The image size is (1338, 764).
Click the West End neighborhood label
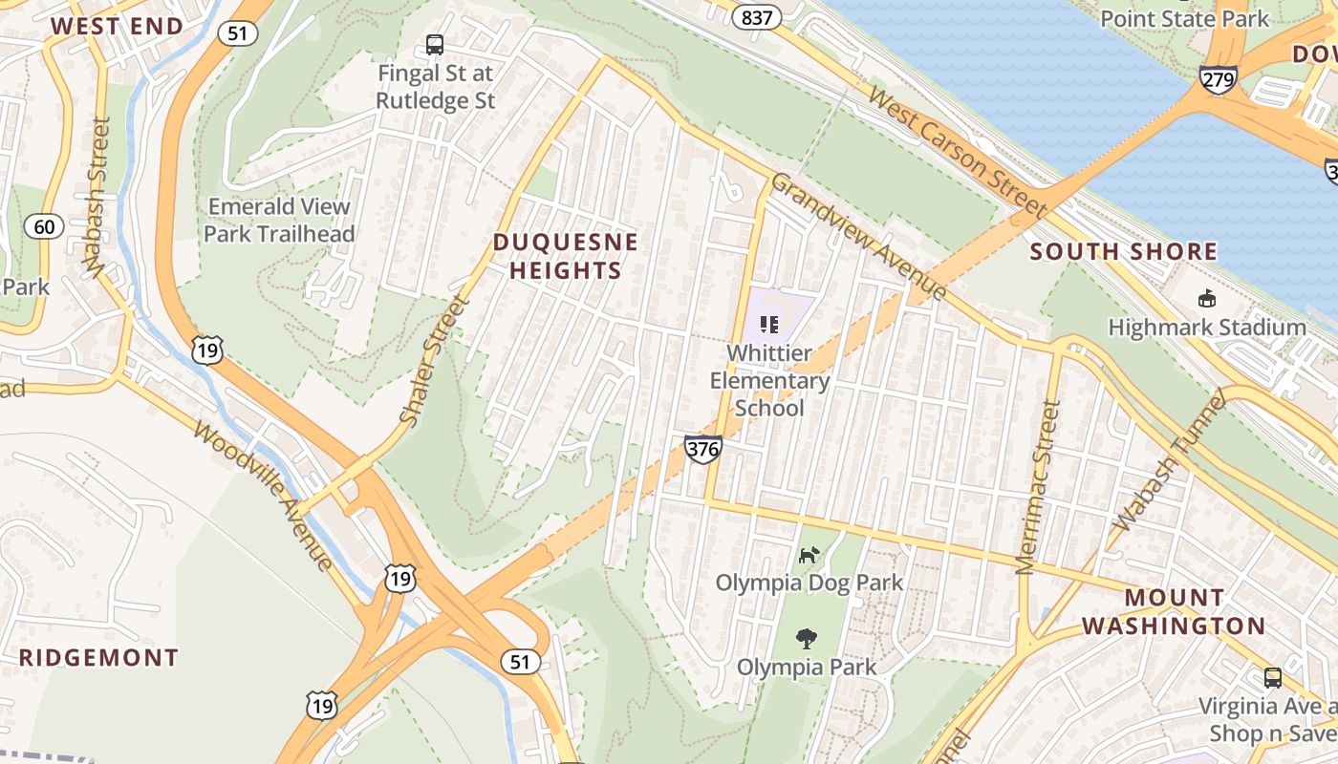coord(117,26)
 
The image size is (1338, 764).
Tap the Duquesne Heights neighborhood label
coord(565,257)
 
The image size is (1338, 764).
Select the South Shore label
coord(1124,252)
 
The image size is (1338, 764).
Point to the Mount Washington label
coord(1189,612)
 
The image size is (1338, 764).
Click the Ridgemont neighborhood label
coord(98,658)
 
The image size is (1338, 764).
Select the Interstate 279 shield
coord(1219,79)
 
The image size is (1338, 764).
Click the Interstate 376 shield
coord(702,448)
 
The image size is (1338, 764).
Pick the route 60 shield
coord(44,226)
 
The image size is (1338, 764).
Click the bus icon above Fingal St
coord(435,44)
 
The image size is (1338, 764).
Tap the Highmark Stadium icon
coord(1207,299)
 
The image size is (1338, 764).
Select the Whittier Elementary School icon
coord(769,325)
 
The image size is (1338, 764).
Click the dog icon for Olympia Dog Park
coord(809,554)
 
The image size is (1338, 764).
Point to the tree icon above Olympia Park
coord(807,638)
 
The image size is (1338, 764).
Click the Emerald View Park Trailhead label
coord(279,220)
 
